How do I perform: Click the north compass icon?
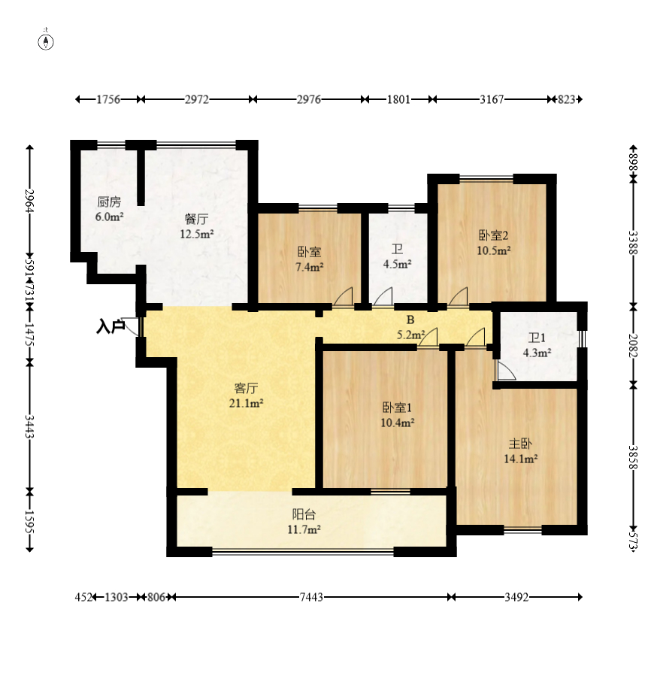(46, 42)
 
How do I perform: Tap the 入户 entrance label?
(111, 327)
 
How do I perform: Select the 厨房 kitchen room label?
(109, 202)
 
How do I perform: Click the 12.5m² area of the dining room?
(196, 233)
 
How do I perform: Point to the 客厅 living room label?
(246, 388)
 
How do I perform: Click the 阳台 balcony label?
(304, 514)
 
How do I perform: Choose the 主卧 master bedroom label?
(520, 443)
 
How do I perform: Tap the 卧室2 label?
(493, 235)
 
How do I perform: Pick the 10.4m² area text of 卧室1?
(398, 423)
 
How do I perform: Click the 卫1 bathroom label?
(537, 338)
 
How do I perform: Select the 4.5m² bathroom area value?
(398, 264)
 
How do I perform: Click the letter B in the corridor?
(410, 320)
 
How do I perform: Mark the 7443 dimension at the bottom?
(311, 597)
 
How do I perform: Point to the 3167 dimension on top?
(492, 99)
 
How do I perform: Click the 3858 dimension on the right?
(634, 457)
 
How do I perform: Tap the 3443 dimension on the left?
(30, 426)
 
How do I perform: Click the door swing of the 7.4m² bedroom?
(344, 296)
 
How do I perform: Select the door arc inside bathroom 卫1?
(506, 371)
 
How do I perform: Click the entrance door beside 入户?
(131, 327)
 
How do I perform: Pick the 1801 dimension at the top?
(398, 99)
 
